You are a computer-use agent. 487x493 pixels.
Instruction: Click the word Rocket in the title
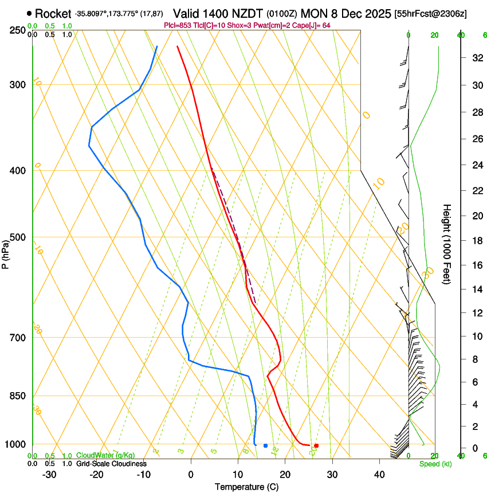(53, 13)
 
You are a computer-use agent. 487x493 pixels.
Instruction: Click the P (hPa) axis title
(6, 252)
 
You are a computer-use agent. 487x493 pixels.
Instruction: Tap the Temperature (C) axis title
(246, 487)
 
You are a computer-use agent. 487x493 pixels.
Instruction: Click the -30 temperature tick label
(49, 475)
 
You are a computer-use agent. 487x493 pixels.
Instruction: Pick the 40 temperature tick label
(379, 475)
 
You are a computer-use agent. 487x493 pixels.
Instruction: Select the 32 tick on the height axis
(477, 57)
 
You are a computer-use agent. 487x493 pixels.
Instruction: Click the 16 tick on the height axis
(477, 265)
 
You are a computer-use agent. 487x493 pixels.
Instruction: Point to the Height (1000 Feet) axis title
(447, 244)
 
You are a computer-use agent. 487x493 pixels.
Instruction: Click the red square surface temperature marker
(316, 445)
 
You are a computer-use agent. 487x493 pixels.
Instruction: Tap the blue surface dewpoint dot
(265, 445)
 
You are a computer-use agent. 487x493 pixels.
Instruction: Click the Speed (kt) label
(435, 464)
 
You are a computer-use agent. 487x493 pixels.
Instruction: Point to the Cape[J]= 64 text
(312, 25)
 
